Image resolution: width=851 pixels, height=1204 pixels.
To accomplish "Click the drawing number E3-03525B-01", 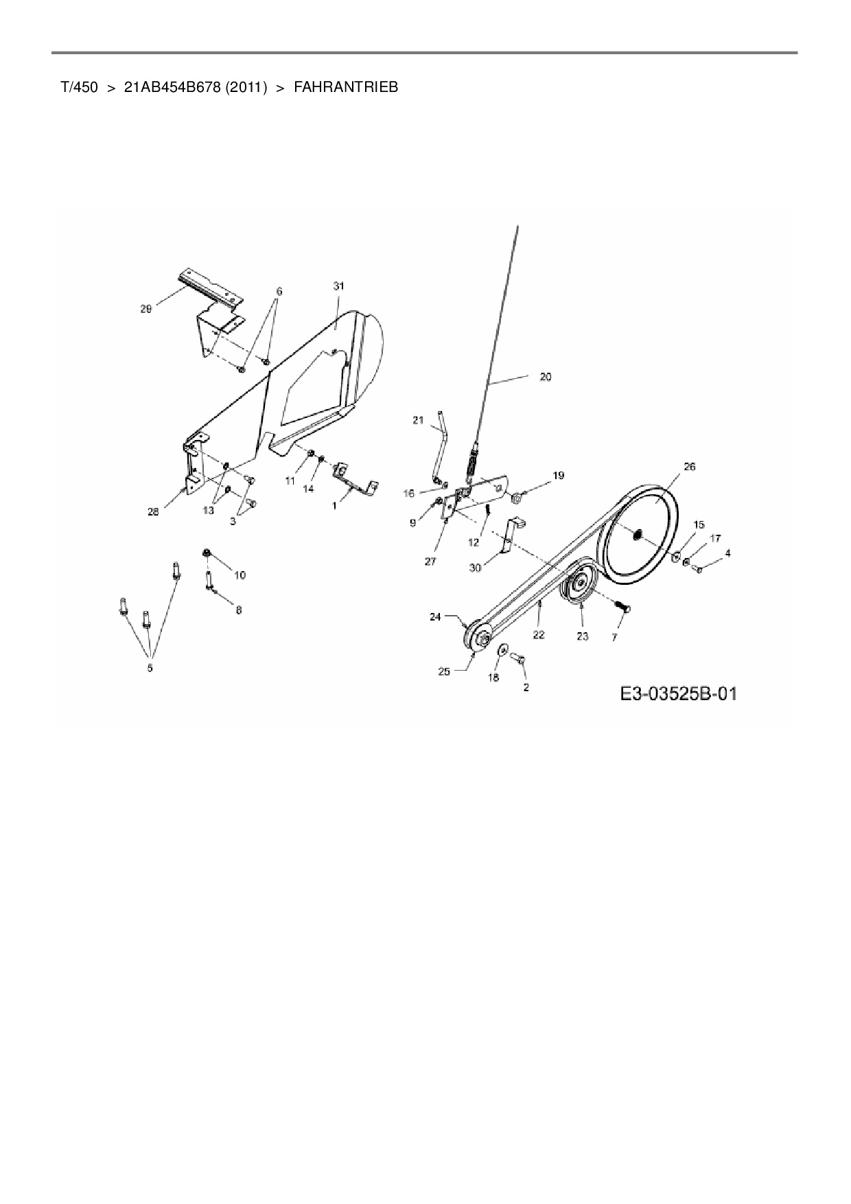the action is (x=678, y=694).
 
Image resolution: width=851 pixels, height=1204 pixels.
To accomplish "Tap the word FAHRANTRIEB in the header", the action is (x=346, y=88).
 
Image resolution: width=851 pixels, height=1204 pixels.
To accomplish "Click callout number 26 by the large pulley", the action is (x=689, y=467).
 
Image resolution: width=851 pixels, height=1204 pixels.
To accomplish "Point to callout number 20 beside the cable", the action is (x=545, y=376).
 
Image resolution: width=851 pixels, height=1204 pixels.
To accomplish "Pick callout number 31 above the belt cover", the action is (x=338, y=286).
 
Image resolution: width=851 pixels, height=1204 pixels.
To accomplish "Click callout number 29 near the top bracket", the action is (x=145, y=310).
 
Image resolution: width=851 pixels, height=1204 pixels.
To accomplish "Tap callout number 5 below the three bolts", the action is (x=150, y=667).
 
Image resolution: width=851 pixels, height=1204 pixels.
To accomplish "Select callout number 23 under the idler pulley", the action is (x=582, y=636).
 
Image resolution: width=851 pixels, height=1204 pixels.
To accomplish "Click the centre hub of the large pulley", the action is (x=638, y=533).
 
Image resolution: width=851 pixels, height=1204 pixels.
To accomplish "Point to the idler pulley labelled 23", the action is (x=580, y=585).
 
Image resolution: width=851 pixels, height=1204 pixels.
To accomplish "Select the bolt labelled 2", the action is (x=519, y=660).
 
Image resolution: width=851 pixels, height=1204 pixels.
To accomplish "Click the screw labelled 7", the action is (x=624, y=607).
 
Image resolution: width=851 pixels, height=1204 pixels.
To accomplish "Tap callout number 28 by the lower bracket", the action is (x=153, y=512).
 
